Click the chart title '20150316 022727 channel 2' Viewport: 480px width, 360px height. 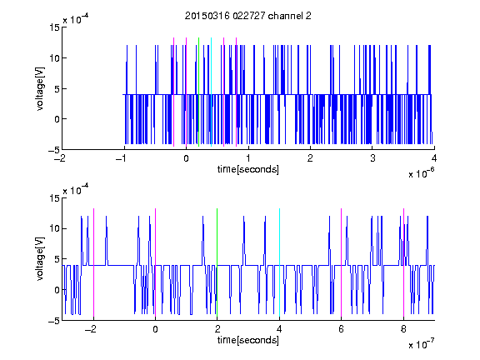[x=248, y=16]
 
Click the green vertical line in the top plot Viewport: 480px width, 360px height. [x=198, y=92]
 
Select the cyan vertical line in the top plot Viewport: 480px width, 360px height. [x=211, y=92]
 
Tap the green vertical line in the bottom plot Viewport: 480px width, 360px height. [x=217, y=262]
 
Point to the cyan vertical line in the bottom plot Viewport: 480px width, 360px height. [x=279, y=262]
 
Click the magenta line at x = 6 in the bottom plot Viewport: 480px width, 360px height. [x=342, y=262]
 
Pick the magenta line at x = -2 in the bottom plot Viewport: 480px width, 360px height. [x=93, y=262]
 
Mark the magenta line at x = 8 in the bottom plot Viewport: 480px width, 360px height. [x=404, y=262]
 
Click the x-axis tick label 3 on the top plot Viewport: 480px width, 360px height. [x=372, y=158]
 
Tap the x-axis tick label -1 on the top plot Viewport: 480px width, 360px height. [x=122, y=158]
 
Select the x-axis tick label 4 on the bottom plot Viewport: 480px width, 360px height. [x=279, y=329]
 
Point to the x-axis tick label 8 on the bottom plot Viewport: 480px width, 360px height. [x=403, y=329]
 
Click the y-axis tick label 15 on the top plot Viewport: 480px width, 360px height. [x=54, y=27]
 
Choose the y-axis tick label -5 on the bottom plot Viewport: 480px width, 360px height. [x=54, y=321]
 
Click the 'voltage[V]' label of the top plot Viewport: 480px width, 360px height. [x=40, y=89]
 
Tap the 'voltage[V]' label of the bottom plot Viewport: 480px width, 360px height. [x=40, y=259]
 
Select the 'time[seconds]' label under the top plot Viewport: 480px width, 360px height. [x=248, y=169]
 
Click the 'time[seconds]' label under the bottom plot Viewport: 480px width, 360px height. [x=248, y=340]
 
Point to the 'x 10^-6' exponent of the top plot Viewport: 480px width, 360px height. [x=421, y=173]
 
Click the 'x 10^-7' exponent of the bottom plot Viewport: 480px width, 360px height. [x=421, y=344]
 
